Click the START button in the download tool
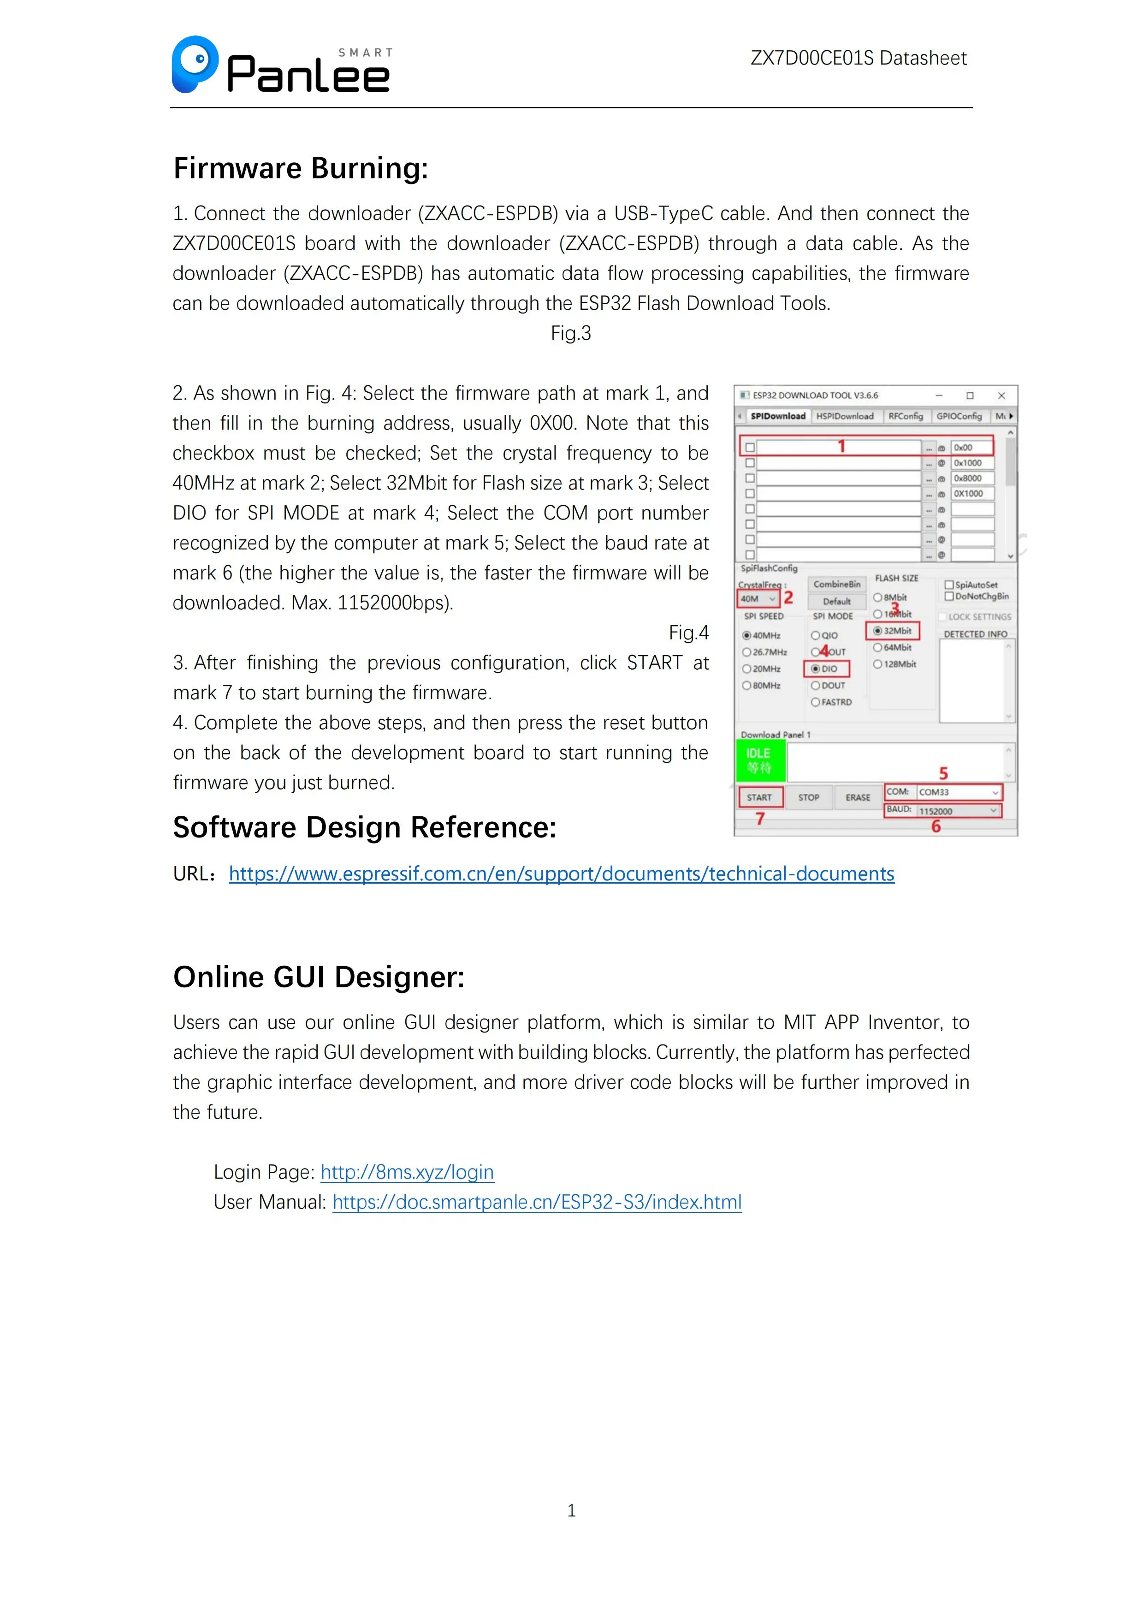(759, 797)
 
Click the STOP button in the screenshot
(808, 797)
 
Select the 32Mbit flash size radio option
(878, 631)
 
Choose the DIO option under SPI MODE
(816, 668)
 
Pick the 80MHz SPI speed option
(746, 685)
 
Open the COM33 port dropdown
(959, 792)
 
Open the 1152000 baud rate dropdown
(959, 811)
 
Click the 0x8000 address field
(972, 478)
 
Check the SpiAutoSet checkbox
(949, 584)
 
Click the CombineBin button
(837, 584)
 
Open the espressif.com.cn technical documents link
(561, 874)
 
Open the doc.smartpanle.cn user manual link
(537, 1202)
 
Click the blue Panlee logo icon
(195, 64)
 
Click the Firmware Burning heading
(301, 168)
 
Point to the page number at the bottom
(571, 1511)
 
